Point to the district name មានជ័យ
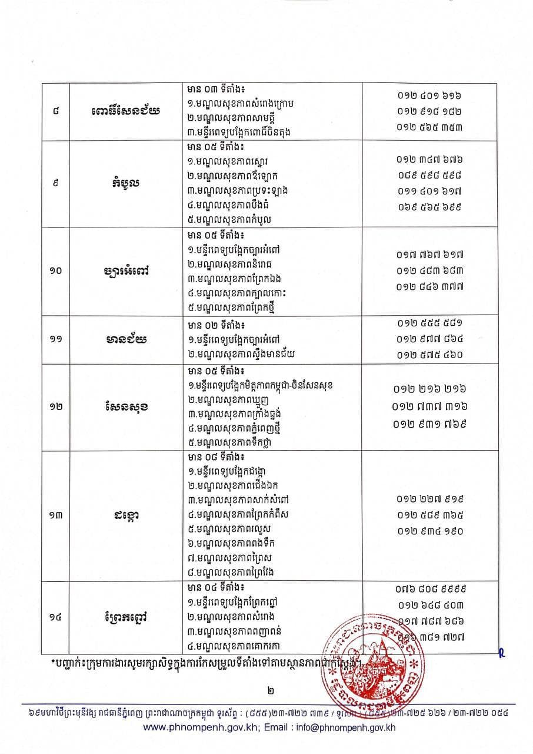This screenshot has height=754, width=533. [124, 339]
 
